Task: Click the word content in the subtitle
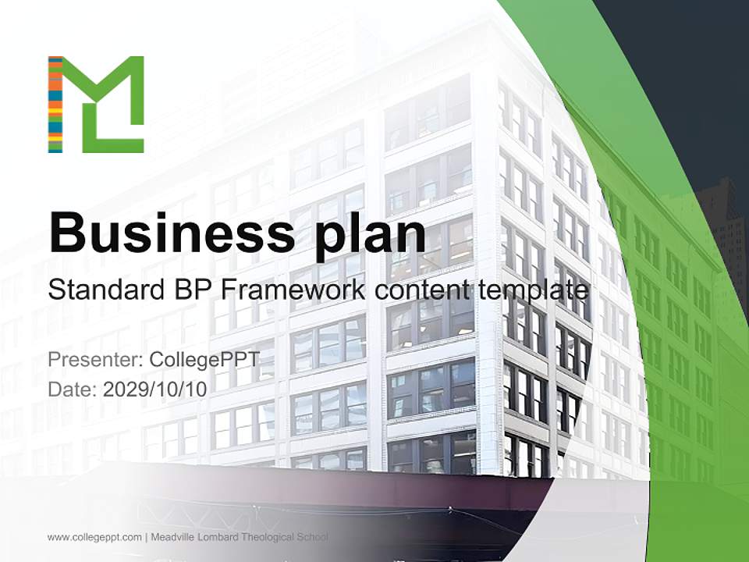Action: [421, 290]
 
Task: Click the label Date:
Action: [72, 389]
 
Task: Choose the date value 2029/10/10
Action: [154, 389]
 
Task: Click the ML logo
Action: [96, 105]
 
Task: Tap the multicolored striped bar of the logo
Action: [55, 105]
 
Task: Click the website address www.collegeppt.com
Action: [94, 537]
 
